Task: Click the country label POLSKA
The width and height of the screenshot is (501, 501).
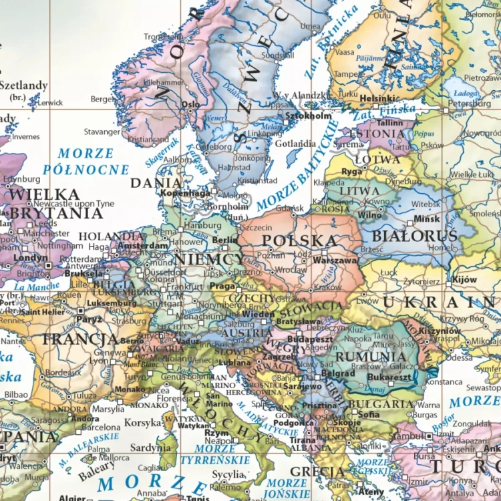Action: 299,240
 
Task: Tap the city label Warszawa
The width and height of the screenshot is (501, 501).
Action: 335,261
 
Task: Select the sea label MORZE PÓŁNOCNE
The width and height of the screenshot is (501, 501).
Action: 86,162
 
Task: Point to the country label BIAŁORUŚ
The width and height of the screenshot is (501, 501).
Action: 414,236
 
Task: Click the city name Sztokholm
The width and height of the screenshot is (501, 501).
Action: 307,116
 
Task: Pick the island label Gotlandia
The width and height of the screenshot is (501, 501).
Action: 295,144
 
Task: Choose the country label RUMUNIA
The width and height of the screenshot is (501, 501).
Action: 371,357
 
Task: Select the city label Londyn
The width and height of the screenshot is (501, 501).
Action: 30,257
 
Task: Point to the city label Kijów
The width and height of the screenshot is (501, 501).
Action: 464,279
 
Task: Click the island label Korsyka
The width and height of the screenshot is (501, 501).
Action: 143,423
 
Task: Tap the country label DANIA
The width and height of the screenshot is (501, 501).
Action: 156,182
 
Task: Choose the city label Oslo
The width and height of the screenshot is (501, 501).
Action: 190,105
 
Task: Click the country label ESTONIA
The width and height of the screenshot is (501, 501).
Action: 381,134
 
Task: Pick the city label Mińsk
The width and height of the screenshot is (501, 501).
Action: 426,218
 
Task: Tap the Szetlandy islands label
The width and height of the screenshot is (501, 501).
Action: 24,86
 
